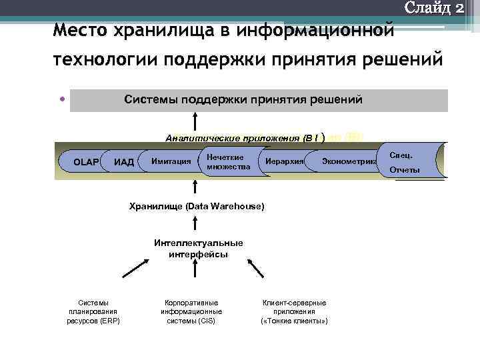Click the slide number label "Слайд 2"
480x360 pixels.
434,9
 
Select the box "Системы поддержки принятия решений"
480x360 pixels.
259,100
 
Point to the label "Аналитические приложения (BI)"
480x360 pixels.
244,138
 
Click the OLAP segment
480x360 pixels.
85,161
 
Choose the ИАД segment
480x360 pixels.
124,161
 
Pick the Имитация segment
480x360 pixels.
171,161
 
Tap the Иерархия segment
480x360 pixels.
284,161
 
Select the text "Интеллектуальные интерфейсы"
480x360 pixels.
198,248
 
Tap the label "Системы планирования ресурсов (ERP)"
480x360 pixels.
93,311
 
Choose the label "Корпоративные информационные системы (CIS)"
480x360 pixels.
191,311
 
